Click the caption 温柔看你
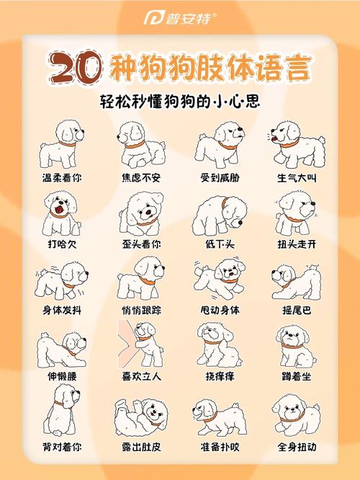[x=61, y=177]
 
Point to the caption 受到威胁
[x=219, y=177]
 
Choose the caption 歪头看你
[x=140, y=244]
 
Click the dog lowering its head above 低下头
[x=219, y=213]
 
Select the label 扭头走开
[x=297, y=244]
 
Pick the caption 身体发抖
[x=61, y=310]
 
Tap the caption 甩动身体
[x=219, y=310]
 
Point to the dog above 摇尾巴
[x=295, y=281]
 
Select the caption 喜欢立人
[x=140, y=376]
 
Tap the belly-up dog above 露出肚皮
[x=140, y=414]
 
